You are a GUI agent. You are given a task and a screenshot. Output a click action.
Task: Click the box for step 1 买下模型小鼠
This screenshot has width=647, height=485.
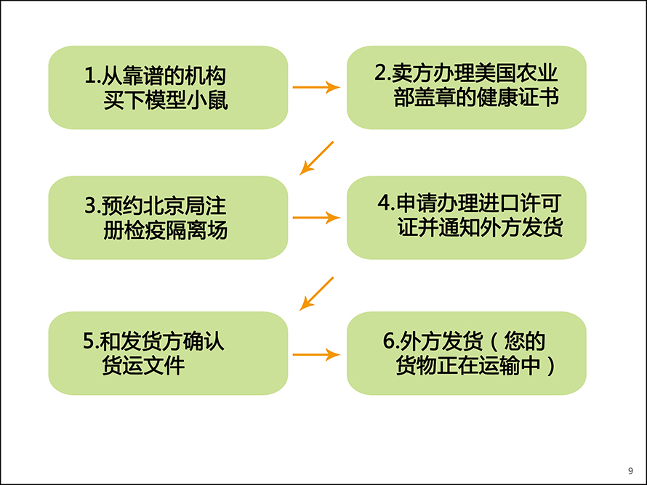(168, 87)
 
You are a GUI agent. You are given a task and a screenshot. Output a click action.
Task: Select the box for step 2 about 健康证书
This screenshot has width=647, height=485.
(466, 87)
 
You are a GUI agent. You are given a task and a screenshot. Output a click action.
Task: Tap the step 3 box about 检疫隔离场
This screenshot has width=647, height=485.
(168, 218)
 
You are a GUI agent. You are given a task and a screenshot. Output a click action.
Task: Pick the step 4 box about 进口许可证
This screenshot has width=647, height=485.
(466, 218)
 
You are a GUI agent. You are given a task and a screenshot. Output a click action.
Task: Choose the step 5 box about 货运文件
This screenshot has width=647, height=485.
(168, 353)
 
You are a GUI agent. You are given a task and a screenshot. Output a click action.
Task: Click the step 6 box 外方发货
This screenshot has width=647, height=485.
(466, 353)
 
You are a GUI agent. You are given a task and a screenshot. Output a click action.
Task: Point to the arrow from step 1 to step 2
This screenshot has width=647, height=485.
(316, 87)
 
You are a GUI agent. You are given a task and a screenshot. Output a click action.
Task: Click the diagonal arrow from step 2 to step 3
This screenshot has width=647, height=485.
(316, 158)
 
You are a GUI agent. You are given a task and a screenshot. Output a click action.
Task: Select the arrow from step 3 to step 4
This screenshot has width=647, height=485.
(316, 218)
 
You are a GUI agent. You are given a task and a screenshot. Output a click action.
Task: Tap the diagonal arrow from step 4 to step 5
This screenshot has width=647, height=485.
(316, 294)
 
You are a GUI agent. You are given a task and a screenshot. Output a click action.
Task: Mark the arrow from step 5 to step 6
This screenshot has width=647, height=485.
(316, 354)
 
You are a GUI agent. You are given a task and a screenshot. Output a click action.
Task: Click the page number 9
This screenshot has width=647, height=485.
(630, 471)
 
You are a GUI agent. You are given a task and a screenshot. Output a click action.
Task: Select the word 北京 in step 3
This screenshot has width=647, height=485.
(164, 206)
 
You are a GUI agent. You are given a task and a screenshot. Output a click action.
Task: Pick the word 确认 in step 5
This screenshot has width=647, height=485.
(204, 341)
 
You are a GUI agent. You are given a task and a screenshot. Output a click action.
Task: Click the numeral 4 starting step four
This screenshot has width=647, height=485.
(384, 203)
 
